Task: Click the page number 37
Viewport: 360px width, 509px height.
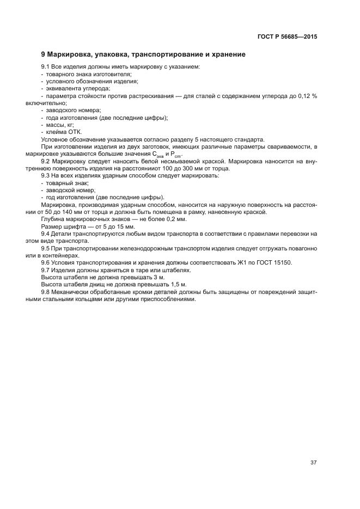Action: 313,463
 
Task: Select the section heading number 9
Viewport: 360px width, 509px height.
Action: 44,55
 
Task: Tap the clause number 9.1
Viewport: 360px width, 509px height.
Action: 46,67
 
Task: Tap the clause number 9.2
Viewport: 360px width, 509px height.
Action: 46,162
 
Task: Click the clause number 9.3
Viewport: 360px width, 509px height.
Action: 46,176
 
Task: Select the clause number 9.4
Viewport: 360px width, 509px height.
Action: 46,233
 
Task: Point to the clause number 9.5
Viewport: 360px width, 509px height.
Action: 46,248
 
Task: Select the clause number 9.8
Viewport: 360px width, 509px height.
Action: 46,291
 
